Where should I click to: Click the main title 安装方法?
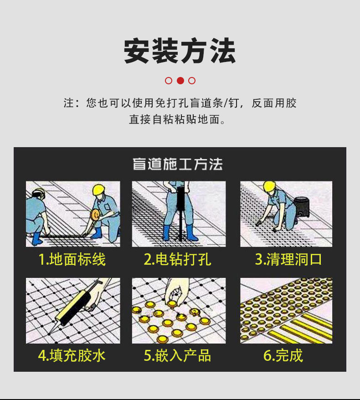180,51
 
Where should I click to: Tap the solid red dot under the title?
180,81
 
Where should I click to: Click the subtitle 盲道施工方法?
178,164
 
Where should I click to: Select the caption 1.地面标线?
72,259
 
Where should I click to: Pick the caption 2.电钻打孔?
178,259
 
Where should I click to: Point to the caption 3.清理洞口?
288,259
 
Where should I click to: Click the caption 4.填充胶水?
72,355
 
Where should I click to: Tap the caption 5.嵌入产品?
178,355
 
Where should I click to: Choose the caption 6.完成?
283,355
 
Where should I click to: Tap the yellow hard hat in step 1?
99,190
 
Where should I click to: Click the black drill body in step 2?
181,199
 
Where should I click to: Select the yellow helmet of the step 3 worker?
269,187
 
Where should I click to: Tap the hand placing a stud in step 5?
176,291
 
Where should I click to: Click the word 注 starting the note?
69,103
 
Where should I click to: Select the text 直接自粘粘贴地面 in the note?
175,119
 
